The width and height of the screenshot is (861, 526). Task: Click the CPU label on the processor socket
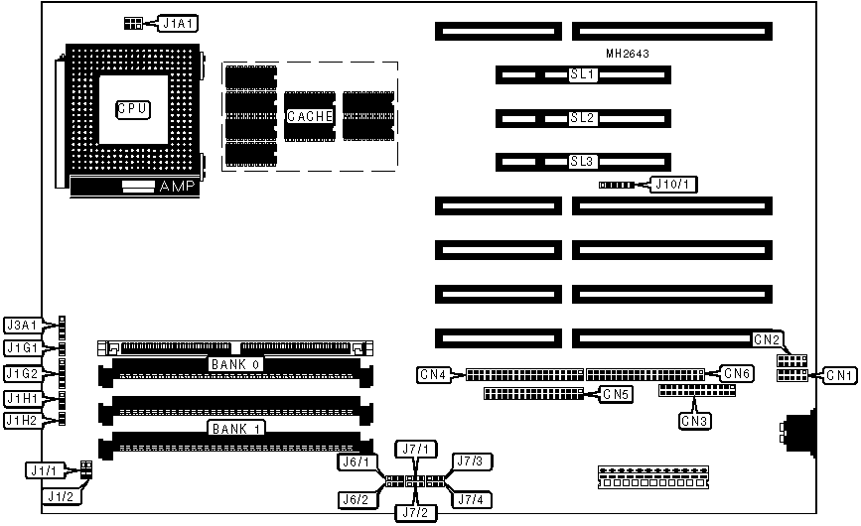point(132,109)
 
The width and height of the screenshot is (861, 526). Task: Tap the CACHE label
point(308,116)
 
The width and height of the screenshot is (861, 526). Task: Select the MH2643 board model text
point(627,54)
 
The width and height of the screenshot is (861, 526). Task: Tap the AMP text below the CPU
point(179,187)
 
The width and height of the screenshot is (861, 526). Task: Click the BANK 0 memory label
point(235,364)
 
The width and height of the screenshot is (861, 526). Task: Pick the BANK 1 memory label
point(235,428)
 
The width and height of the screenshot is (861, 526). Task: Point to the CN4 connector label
point(433,374)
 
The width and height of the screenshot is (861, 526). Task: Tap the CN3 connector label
point(694,420)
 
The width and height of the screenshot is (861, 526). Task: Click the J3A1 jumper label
point(22,325)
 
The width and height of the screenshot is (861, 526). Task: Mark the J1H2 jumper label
point(22,420)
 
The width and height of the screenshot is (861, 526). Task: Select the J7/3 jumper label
point(468,460)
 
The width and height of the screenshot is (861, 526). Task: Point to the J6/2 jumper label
point(356,498)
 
